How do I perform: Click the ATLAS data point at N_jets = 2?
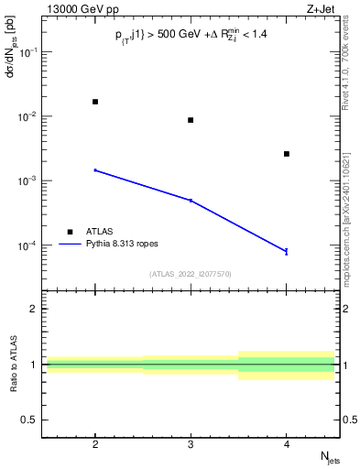pos(95,102)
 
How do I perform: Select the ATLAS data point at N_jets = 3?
pos(191,120)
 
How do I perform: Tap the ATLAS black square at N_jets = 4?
pos(287,154)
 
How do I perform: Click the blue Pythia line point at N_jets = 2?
pos(95,170)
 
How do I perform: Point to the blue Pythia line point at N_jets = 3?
pos(191,200)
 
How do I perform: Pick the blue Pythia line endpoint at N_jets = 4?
pos(287,251)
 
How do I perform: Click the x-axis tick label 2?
pos(95,442)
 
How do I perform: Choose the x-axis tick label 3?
pos(191,442)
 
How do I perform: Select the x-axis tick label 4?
pos(287,442)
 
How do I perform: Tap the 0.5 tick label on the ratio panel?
pos(31,420)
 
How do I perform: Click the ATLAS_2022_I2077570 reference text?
pos(191,273)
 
